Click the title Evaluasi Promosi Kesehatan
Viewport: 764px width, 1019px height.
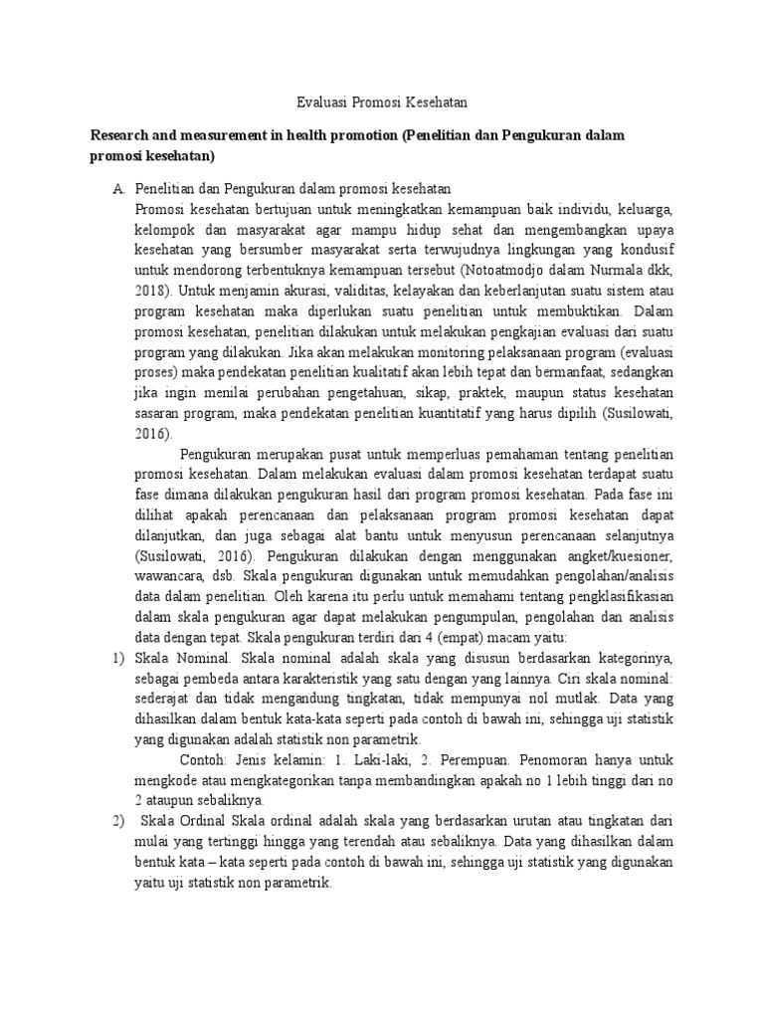click(382, 102)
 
